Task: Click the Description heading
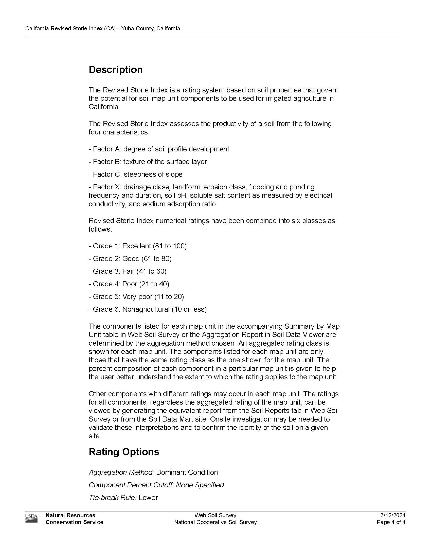coord(115,70)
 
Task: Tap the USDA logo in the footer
coord(31,519)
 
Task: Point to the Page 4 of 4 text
coord(391,522)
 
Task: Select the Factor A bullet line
coord(159,149)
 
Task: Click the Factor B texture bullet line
coord(148,162)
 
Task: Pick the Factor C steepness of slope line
coord(136,174)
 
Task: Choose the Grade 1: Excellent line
coord(138,246)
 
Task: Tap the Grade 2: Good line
coord(130,258)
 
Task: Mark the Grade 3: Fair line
coord(128,271)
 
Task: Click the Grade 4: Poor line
coord(129,284)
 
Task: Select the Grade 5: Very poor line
coord(136,297)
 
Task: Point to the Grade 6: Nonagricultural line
coord(148,309)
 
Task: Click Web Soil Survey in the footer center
coord(215,515)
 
